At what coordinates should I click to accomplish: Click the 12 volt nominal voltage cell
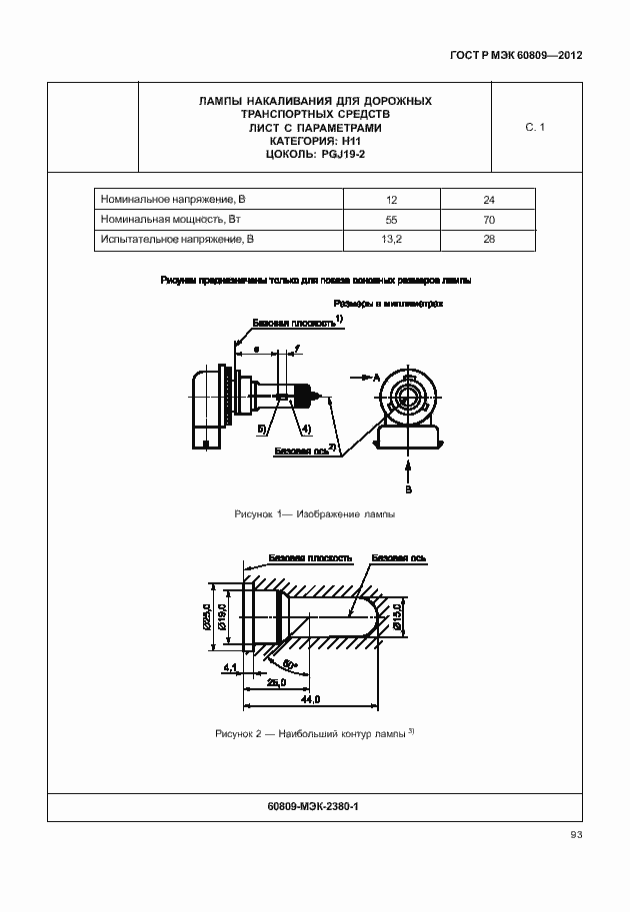pos(391,200)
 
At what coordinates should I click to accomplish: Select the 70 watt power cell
pos(488,220)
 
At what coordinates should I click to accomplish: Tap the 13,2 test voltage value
pos(391,240)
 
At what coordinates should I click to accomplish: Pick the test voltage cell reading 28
pos(488,240)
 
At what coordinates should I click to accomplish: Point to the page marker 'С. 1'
pos(534,127)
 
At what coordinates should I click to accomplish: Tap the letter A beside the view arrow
pos(377,380)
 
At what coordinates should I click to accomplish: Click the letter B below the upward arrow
pos(408,490)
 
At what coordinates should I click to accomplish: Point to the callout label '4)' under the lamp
pos(306,429)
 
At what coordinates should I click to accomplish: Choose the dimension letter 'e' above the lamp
pos(257,350)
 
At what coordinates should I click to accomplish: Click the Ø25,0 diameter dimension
pos(207,617)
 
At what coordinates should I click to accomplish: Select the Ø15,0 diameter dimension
pos(396,616)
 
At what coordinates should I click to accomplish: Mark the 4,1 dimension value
pos(230,666)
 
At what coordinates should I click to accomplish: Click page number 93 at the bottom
pos(576,835)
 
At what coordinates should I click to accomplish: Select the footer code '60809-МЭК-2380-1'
pos(314,805)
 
